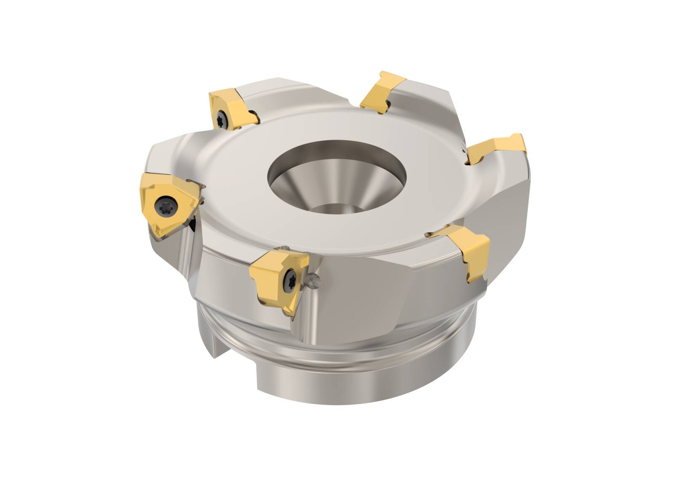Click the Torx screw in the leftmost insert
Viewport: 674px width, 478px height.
[x=163, y=207]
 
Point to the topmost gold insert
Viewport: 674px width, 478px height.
[x=382, y=91]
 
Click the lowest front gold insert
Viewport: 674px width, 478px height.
[x=280, y=280]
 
